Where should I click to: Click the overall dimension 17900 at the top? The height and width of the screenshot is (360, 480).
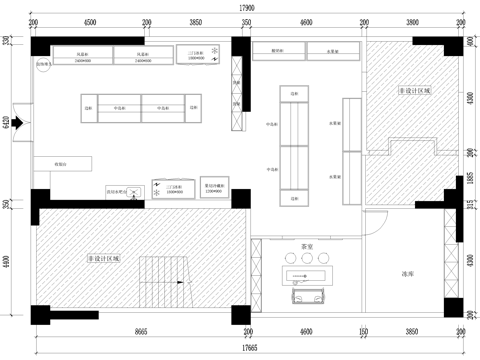point(246,7)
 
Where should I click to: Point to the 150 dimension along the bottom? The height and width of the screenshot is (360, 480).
point(365,333)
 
